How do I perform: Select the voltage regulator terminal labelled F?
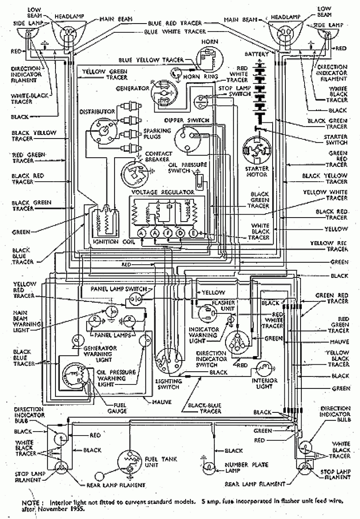coord(168,233)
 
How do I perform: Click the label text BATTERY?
coord(257,54)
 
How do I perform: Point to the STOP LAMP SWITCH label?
coord(234,91)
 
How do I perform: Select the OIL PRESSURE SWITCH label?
coord(188,168)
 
